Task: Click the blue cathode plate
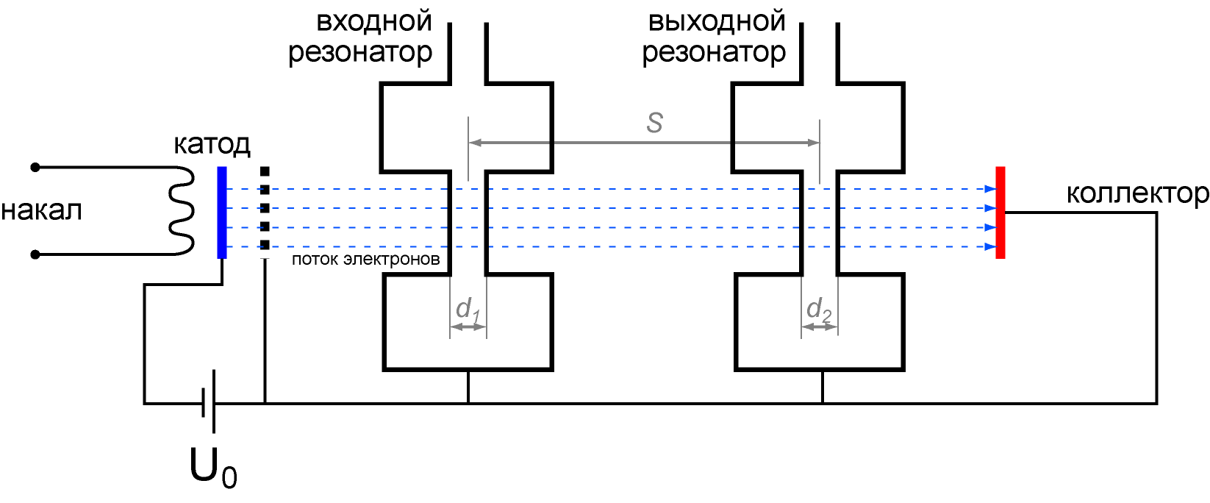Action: [221, 213]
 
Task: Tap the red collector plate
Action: [1000, 213]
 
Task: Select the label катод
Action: [212, 144]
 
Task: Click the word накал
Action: [42, 211]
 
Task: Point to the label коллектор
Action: [1138, 193]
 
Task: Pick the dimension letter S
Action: [655, 123]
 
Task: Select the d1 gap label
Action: [468, 309]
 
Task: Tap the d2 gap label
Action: [819, 309]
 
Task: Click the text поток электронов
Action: [365, 260]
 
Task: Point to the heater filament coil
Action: [182, 211]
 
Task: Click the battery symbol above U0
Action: [209, 402]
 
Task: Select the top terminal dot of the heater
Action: [35, 168]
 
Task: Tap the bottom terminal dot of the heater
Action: [35, 254]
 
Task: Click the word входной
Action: [373, 22]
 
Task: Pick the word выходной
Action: [716, 22]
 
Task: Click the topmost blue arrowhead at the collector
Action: [990, 189]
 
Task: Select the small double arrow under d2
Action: [820, 327]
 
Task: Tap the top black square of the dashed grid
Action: [265, 171]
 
